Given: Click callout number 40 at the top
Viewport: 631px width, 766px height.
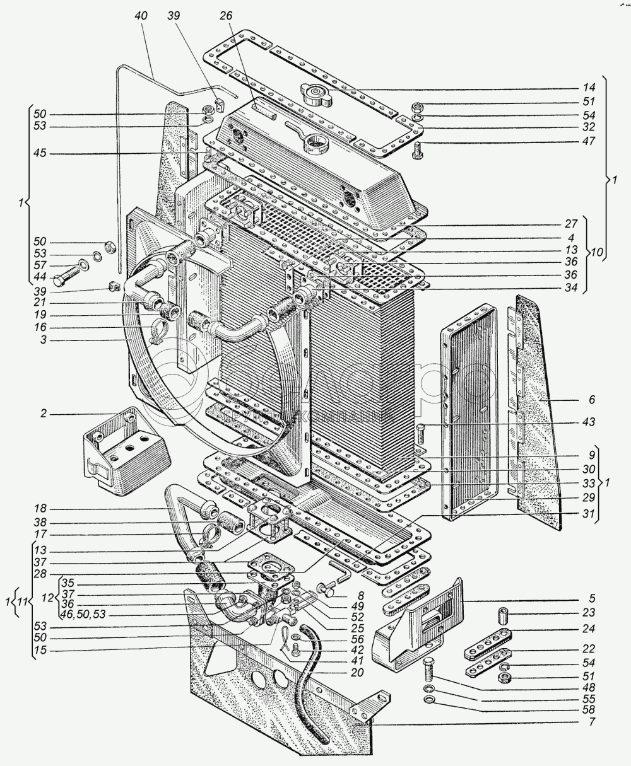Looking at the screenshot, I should [141, 17].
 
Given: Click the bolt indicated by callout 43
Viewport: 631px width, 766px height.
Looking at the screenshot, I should [422, 434].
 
